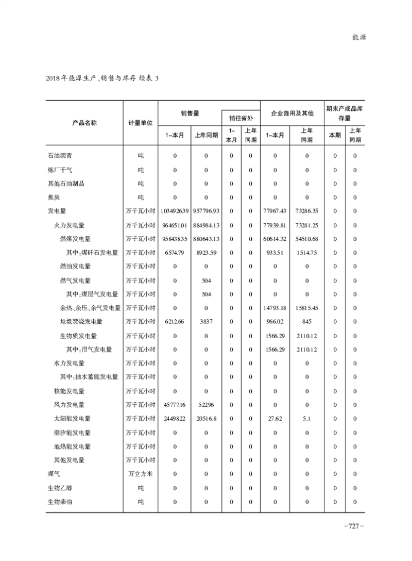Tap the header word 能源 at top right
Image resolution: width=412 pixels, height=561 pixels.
pyautogui.click(x=358, y=38)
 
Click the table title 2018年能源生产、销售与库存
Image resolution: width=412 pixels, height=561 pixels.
pyautogui.click(x=95, y=78)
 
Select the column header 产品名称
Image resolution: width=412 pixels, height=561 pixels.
pyautogui.click(x=84, y=123)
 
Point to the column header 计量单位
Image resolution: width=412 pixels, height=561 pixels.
pyautogui.click(x=141, y=123)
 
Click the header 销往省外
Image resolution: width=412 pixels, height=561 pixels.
pyautogui.click(x=241, y=117)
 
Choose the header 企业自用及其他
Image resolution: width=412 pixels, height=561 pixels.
pyautogui.click(x=291, y=113)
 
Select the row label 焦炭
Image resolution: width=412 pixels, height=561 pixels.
pyautogui.click(x=53, y=197)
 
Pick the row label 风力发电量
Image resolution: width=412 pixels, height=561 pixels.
pyautogui.click(x=70, y=405)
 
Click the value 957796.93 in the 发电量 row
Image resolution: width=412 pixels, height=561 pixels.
pyautogui.click(x=206, y=211)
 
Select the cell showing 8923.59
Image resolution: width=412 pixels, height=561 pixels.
pyautogui.click(x=206, y=253)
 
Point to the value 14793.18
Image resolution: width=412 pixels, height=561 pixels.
pyautogui.click(x=276, y=308)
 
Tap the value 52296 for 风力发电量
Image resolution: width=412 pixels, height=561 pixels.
pyautogui.click(x=206, y=405)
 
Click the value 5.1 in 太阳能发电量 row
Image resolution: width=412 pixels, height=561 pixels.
pyautogui.click(x=307, y=419)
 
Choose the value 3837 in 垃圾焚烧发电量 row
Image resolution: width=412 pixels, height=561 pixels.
pyautogui.click(x=206, y=322)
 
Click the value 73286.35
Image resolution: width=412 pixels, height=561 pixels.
pyautogui.click(x=307, y=211)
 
